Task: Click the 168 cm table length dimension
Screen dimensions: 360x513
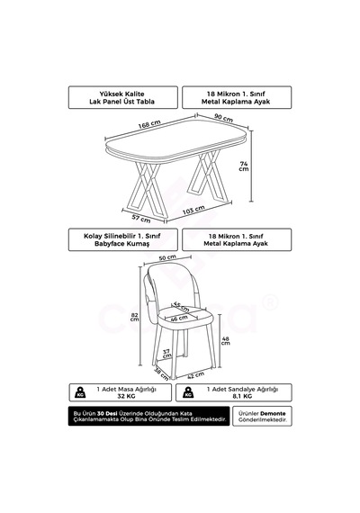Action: click(x=149, y=124)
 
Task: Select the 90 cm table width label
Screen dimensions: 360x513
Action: click(x=223, y=118)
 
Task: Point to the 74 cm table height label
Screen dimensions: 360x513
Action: click(x=244, y=166)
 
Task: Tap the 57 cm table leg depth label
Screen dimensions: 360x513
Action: click(x=141, y=218)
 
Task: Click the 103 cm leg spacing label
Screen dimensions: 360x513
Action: click(x=193, y=210)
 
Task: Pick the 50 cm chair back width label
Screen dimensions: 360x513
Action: click(x=167, y=257)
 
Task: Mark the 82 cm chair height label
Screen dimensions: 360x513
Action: click(x=134, y=317)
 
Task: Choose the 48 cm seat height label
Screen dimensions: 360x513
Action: click(x=226, y=341)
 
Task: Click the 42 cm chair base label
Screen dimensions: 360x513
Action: click(x=195, y=375)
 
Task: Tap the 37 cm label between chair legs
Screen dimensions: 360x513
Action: click(x=166, y=354)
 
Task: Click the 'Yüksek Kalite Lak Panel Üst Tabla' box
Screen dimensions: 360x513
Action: click(x=123, y=97)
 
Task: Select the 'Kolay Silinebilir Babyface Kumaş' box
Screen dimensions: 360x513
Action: click(x=123, y=239)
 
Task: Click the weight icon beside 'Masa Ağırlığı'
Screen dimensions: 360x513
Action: click(x=80, y=392)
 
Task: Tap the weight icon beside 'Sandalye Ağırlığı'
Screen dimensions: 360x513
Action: click(x=188, y=392)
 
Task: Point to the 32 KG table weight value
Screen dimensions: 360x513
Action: click(x=126, y=396)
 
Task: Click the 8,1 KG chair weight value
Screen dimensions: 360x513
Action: click(x=242, y=396)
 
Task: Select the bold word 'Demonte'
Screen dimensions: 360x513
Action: click(x=273, y=413)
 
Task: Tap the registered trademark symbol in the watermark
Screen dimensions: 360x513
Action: click(x=270, y=302)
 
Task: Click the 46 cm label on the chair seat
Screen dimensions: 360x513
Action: click(x=179, y=318)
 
